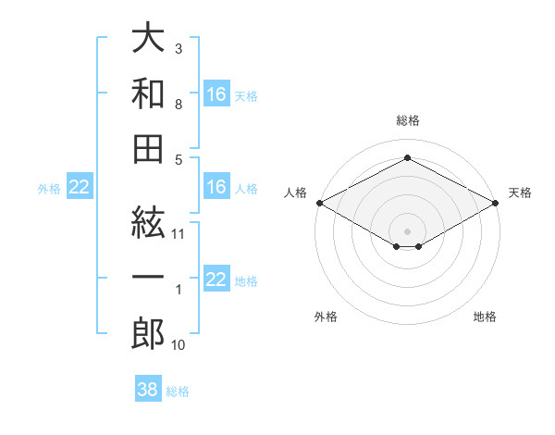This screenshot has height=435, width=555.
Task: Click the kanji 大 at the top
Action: point(148,37)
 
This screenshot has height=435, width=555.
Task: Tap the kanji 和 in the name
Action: point(148,93)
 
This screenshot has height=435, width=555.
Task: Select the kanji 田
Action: point(148,149)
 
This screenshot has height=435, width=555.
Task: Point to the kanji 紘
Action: point(148,223)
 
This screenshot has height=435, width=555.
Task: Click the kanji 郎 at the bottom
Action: point(148,333)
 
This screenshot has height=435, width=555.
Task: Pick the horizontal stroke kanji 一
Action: point(148,277)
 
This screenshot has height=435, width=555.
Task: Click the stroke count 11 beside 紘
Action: point(178,234)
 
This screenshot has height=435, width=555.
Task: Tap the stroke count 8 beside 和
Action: point(179,105)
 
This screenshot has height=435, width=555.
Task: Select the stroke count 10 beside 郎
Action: point(178,345)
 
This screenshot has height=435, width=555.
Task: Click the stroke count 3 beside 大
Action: point(179,49)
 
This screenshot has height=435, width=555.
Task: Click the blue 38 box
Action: point(148,388)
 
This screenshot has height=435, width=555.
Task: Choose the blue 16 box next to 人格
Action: point(216,186)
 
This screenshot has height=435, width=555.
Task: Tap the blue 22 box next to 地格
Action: point(216,278)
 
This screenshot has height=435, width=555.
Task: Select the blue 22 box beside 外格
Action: point(80,186)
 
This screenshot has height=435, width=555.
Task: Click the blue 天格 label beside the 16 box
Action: point(246,96)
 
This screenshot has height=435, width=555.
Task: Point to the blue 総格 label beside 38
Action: point(178,391)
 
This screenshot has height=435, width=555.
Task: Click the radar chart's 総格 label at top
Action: point(408,120)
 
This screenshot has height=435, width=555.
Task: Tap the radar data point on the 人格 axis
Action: point(320,203)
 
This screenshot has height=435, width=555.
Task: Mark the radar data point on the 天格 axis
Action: point(496,203)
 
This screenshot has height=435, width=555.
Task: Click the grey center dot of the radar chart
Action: point(407,231)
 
